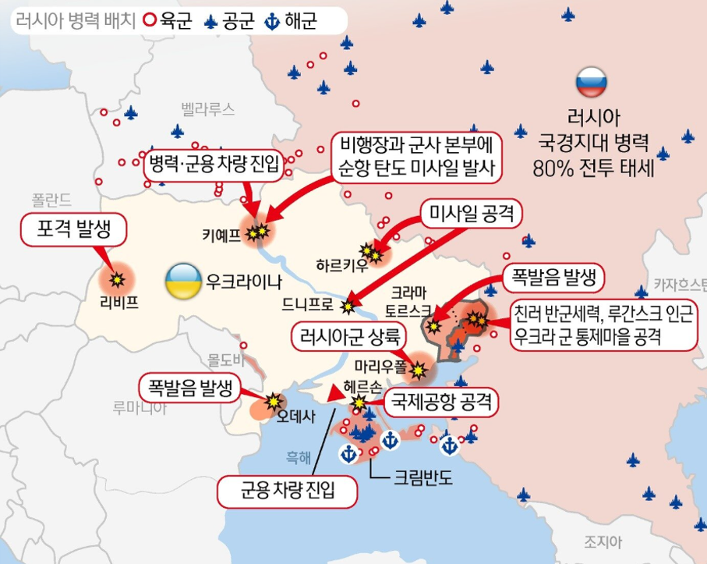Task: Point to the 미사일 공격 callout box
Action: [472, 213]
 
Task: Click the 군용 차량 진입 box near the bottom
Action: [288, 491]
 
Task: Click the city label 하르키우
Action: [341, 264]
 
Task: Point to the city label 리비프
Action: [119, 301]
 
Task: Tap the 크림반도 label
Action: [424, 477]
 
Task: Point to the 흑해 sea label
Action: [299, 457]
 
